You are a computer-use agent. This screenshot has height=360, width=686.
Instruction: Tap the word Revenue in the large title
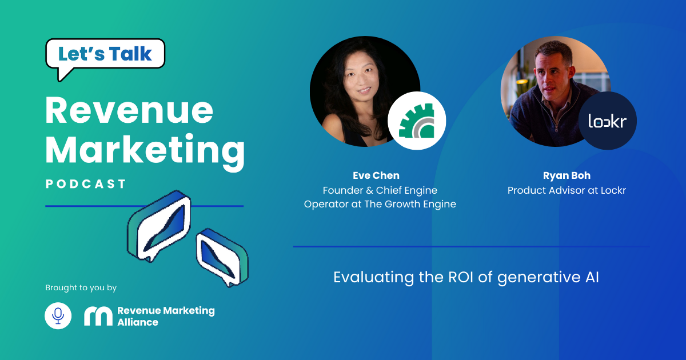129,110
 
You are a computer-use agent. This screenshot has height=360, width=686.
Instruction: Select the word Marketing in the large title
145,151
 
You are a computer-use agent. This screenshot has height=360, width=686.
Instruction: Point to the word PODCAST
85,184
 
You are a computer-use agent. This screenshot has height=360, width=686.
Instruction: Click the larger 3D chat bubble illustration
159,226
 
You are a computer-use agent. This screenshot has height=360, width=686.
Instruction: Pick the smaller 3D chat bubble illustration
222,258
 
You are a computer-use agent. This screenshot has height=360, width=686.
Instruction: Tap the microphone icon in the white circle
58,315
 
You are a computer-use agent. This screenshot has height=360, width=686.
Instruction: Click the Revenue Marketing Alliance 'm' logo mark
98,316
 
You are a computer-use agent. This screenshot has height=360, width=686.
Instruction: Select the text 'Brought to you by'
81,288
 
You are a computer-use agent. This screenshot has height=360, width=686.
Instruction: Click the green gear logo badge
417,121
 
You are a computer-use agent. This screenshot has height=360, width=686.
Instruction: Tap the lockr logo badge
608,121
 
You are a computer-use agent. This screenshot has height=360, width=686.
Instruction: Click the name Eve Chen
376,175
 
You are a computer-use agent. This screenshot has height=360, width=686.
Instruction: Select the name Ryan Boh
567,175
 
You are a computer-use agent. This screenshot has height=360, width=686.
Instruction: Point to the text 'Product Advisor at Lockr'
567,190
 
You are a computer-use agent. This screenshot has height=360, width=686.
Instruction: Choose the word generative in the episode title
539,278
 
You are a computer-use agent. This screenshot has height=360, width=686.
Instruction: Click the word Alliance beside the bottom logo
138,322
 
